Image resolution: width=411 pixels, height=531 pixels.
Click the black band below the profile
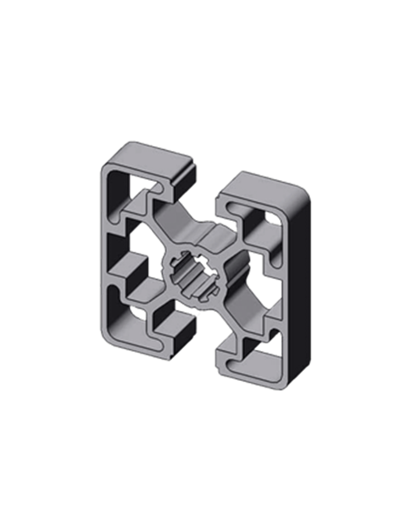[x=205, y=418]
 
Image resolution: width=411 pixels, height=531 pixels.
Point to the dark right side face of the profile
[x=301, y=300]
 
